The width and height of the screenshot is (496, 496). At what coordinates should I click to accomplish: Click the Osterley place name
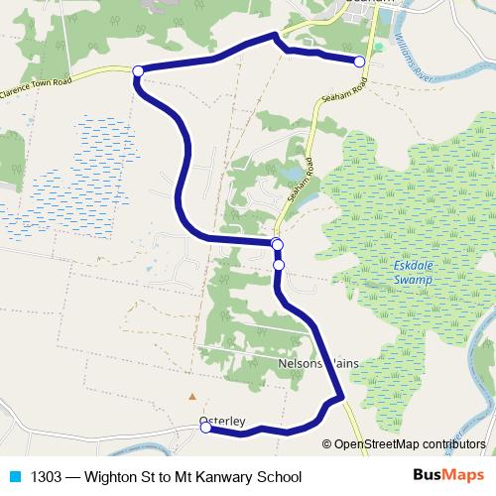221,421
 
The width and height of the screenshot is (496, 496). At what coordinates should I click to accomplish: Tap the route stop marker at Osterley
205,428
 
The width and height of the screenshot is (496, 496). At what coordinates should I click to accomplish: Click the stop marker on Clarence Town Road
138,70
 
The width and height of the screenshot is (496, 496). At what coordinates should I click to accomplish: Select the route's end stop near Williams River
359,62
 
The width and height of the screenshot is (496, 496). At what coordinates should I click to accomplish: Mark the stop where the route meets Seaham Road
277,245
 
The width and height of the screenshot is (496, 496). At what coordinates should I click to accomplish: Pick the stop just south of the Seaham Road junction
279,265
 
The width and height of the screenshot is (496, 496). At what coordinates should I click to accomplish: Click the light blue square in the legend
14,477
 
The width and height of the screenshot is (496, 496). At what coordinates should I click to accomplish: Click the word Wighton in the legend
116,477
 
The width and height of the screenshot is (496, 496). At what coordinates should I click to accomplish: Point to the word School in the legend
279,477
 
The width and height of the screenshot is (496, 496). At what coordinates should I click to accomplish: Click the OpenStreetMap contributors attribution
413,444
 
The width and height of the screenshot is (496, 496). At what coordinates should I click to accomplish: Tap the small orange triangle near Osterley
192,396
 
